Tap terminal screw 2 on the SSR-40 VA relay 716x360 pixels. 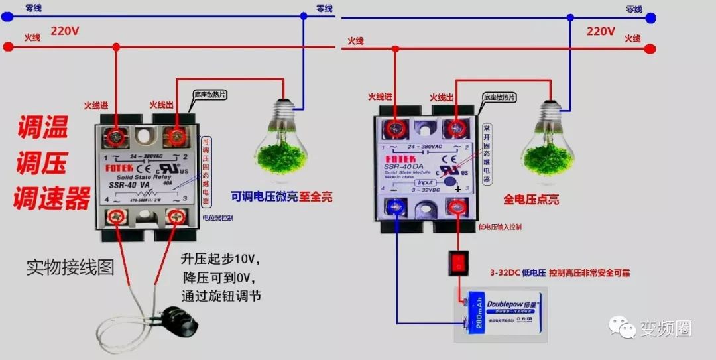click(x=176, y=136)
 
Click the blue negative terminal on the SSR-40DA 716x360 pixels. click(x=397, y=208)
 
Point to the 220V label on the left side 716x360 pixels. click(x=65, y=30)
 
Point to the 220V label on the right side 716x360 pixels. click(x=601, y=30)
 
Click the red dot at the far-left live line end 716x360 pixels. click(x=8, y=47)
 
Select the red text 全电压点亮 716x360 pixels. click(x=531, y=199)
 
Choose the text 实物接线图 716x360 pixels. click(x=70, y=267)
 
